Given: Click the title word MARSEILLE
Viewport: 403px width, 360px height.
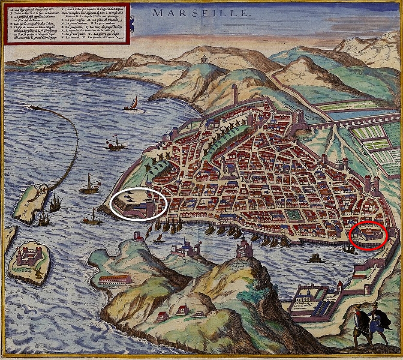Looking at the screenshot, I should [x=201, y=12].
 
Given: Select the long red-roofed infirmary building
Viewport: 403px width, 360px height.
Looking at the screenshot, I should [x=115, y=279].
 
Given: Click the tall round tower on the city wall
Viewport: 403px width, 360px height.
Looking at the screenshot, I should [x=234, y=94].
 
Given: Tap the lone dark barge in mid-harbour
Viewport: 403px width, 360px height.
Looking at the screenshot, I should [x=316, y=258].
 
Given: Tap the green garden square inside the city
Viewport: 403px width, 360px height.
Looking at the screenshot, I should [x=294, y=214].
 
